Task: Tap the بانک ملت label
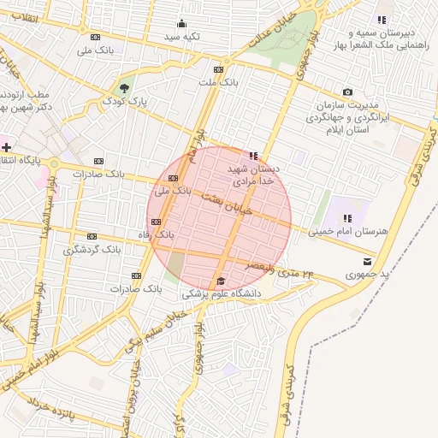pos(217,82)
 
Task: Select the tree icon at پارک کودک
pos(125,87)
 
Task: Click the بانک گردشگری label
pos(92,251)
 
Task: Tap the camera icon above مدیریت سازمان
pos(347,92)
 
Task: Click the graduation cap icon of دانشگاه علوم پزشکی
pos(221,281)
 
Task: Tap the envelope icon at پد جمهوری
pos(368,261)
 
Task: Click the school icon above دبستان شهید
pos(252,156)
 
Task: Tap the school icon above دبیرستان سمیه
pos(382,20)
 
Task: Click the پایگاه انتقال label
pos(31,160)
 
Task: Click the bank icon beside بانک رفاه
pos(155,222)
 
